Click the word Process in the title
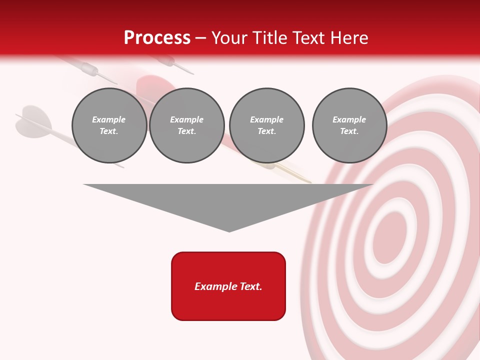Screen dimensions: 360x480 (157, 38)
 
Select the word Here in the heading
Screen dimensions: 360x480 (350, 38)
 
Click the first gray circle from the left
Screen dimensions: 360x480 (109, 125)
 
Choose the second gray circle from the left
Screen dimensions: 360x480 (186, 125)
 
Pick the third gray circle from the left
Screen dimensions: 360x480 (266, 125)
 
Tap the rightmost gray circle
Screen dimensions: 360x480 (349, 125)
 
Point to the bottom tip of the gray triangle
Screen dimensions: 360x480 (229, 231)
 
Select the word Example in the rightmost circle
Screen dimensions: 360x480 (349, 119)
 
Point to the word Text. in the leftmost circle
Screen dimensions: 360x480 (109, 131)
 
